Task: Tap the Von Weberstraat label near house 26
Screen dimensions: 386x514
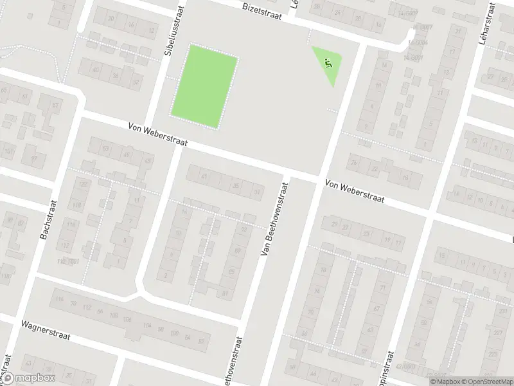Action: pos(355,191)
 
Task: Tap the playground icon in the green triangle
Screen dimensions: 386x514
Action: pos(328,63)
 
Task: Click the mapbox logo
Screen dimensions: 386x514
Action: pos(28,378)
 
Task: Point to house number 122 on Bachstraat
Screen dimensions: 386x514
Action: pos(82,184)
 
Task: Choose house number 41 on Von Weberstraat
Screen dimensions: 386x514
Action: pos(205,176)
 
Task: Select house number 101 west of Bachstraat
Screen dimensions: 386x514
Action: pos(8,151)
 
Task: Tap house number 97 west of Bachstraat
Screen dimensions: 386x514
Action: pos(34,158)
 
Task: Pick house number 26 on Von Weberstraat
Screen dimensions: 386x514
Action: pos(354,162)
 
